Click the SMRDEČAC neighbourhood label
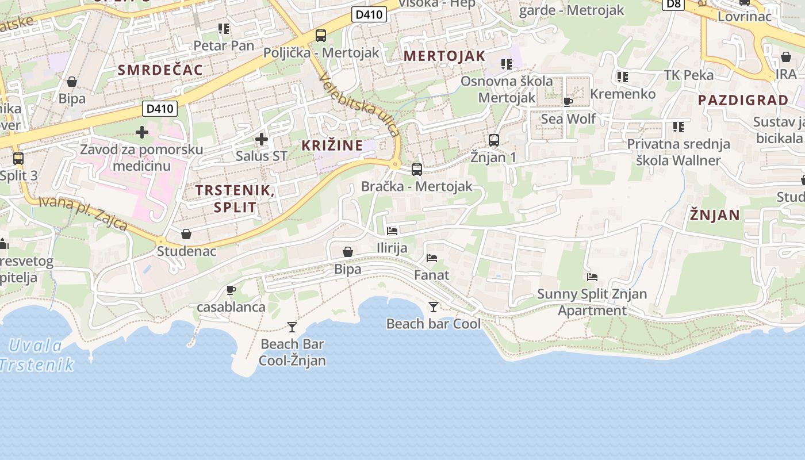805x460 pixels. click(x=160, y=70)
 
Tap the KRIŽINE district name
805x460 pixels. click(x=332, y=145)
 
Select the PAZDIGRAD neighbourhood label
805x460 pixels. click(x=743, y=100)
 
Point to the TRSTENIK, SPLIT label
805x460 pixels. click(x=235, y=198)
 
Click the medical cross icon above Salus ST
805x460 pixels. click(x=262, y=139)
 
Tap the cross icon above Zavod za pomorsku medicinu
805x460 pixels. click(x=141, y=133)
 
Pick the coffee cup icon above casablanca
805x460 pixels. click(x=231, y=290)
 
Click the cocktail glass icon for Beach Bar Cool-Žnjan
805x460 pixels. click(x=292, y=327)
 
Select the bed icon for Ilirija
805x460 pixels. click(x=392, y=231)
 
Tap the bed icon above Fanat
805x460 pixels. click(x=432, y=258)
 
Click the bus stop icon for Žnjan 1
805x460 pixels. click(x=493, y=140)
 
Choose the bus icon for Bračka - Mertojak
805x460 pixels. click(x=417, y=170)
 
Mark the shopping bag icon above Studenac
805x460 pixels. click(x=186, y=234)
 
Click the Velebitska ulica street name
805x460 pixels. click(x=360, y=105)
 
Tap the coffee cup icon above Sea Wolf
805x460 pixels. click(x=568, y=102)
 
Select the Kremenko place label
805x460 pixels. click(x=623, y=94)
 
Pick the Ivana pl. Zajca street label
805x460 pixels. click(x=84, y=213)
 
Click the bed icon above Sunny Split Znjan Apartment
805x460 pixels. click(x=592, y=277)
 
